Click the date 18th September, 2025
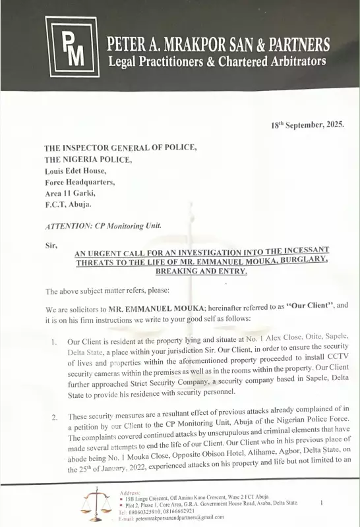pyautogui.click(x=307, y=125)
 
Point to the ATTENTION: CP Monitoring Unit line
pyautogui.click(x=103, y=226)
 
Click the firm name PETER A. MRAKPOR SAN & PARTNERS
pyautogui.click(x=218, y=45)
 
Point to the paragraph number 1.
pyautogui.click(x=53, y=342)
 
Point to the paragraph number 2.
pyautogui.click(x=53, y=417)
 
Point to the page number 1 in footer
pyautogui.click(x=320, y=503)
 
